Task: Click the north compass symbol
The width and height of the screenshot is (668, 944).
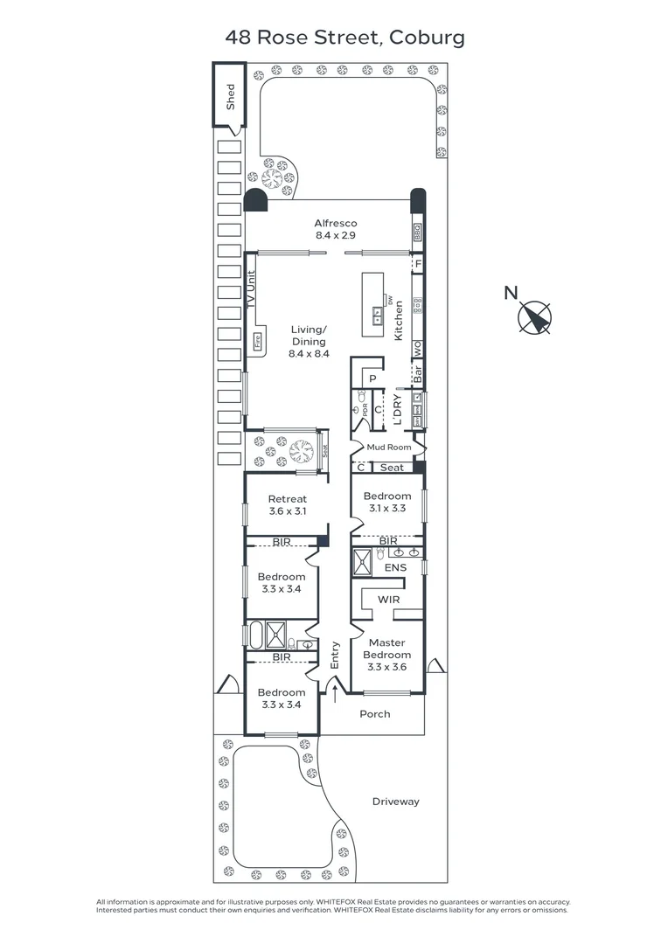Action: point(535,317)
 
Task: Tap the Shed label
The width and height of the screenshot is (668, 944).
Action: point(231,95)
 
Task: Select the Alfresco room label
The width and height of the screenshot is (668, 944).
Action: point(336,224)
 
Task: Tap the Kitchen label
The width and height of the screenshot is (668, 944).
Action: point(398,320)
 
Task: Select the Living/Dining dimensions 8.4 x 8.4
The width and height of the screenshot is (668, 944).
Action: point(308,354)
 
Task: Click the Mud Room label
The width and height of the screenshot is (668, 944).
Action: point(388,448)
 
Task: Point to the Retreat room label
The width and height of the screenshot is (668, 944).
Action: point(287,500)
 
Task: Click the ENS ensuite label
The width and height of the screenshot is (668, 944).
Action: point(395,568)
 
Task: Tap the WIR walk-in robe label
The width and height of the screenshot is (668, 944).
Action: point(389,600)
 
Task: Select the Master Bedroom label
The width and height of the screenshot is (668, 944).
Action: point(386,649)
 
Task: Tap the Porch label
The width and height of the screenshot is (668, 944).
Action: point(375,714)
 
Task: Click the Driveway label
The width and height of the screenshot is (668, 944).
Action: point(395,802)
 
